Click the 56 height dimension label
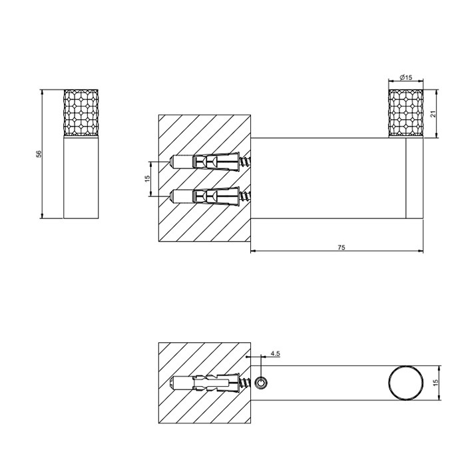[39, 154]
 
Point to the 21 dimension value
[433, 115]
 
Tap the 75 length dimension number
[341, 247]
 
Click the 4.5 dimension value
[274, 355]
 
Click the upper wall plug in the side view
[206, 162]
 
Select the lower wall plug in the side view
[206, 196]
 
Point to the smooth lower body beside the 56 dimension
[81, 177]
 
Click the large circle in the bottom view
[405, 383]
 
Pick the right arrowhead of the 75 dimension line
[421, 252]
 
